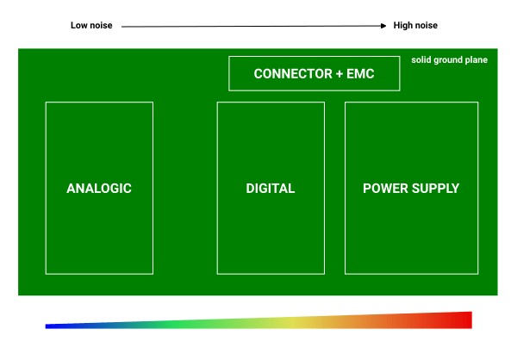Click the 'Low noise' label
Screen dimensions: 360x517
[90, 26]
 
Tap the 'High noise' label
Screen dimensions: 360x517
[416, 26]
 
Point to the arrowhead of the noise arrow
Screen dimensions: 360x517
[384, 27]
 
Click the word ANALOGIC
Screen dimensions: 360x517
[99, 189]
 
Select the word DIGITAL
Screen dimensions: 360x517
[271, 189]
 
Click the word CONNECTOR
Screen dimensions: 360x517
[292, 74]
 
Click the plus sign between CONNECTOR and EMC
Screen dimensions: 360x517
[339, 74]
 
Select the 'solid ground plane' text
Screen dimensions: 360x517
[449, 60]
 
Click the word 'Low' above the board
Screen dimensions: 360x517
[79, 26]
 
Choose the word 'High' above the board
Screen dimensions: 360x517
[403, 26]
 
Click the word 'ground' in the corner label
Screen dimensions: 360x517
[450, 60]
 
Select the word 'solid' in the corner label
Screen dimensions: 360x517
[421, 60]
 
